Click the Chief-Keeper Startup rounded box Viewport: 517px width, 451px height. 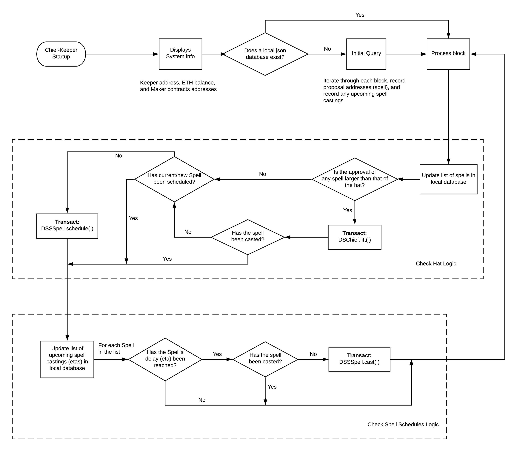click(x=61, y=54)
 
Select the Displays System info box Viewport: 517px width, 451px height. click(x=180, y=54)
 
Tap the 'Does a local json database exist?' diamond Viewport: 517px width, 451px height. click(x=265, y=54)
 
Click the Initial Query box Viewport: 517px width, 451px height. click(x=366, y=54)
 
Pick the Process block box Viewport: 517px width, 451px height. click(x=448, y=54)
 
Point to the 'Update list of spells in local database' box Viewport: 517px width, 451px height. click(x=448, y=179)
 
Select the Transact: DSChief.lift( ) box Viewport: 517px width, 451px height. click(x=354, y=237)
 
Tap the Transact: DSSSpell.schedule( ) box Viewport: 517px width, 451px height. click(x=67, y=226)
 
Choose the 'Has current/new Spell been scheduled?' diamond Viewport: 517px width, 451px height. click(x=174, y=179)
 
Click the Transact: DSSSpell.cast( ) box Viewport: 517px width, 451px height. click(x=359, y=359)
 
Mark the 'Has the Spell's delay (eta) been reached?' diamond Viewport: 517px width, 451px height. click(x=165, y=359)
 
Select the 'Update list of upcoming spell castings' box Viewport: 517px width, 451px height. click(x=67, y=359)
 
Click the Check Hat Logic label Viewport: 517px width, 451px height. click(x=436, y=263)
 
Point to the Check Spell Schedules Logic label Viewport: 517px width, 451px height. click(x=403, y=424)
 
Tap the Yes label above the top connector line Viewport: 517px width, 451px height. click(x=360, y=15)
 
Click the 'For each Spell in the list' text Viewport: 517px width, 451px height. click(x=116, y=349)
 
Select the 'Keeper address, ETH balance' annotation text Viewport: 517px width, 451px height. click(x=178, y=86)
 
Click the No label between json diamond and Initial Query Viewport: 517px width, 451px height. click(x=327, y=49)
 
